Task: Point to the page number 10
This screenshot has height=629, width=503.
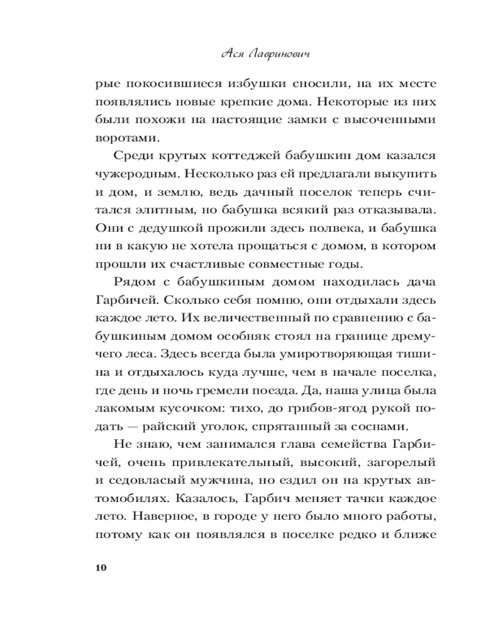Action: [100, 568]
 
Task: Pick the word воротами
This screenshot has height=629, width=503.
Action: [121, 138]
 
